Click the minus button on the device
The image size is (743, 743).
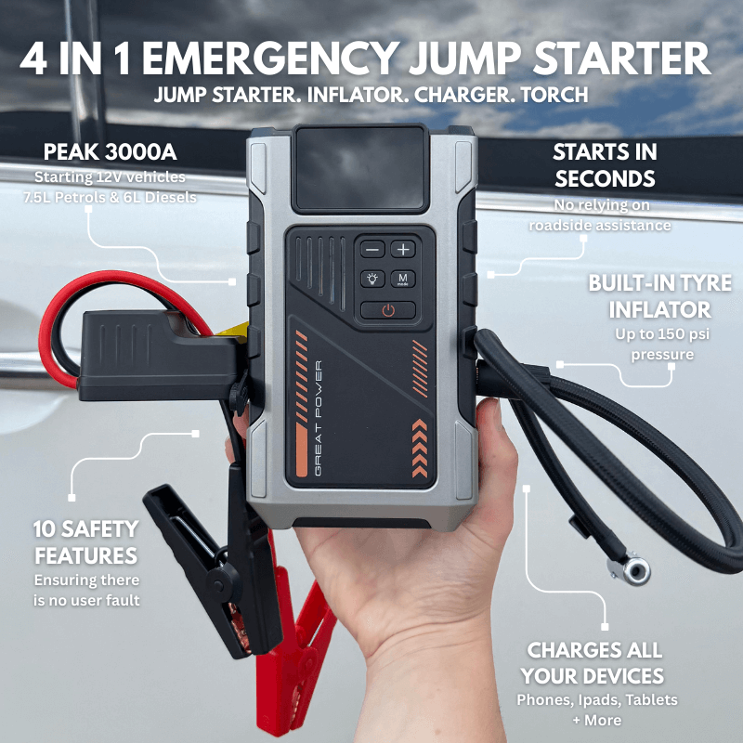pos(373,250)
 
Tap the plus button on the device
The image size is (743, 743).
pos(403,250)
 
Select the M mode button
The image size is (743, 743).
pos(403,279)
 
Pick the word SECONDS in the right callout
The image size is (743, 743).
pos(605,178)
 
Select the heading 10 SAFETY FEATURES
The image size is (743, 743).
pos(85,542)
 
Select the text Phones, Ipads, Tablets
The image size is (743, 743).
pos(597,699)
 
